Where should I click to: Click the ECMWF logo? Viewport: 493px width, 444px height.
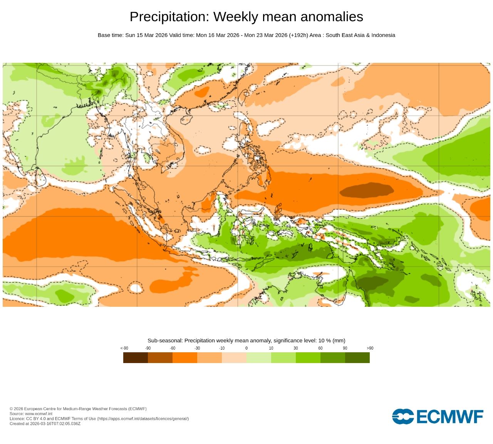438,417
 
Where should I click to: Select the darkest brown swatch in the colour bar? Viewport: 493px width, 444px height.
136,358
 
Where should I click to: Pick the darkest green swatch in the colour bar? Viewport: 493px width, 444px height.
357,358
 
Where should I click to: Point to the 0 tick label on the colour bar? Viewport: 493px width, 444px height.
246,348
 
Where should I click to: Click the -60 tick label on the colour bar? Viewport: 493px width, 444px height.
173,348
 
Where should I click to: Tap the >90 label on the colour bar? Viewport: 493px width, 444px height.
370,348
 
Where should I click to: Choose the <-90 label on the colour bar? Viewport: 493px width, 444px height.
124,348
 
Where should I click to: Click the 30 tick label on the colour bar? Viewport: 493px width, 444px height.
296,348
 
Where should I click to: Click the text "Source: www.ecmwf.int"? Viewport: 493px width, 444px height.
31,414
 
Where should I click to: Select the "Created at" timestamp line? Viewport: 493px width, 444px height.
45,424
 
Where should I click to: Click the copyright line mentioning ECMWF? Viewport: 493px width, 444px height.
78,409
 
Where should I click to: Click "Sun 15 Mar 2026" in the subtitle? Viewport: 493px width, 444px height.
146,35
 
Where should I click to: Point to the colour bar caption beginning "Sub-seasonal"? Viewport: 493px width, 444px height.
246,340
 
